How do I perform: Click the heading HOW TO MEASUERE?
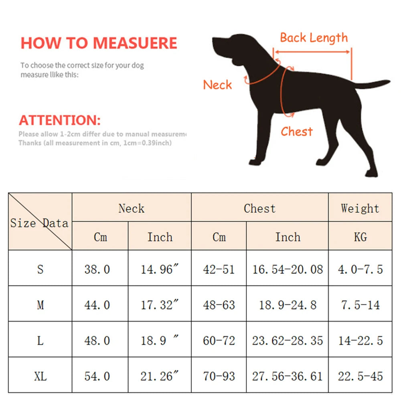pyautogui.click(x=99, y=43)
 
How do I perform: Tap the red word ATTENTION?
pyautogui.click(x=60, y=120)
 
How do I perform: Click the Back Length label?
pyautogui.click(x=314, y=38)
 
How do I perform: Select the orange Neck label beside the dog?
pyautogui.click(x=217, y=85)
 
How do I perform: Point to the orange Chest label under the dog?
pyautogui.click(x=296, y=132)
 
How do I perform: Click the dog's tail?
pyautogui.click(x=373, y=84)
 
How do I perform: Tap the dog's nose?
pyautogui.click(x=214, y=41)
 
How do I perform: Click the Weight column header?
pyautogui.click(x=360, y=208)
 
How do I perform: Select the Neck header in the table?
pyautogui.click(x=131, y=208)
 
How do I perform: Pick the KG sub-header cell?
pyautogui.click(x=360, y=237)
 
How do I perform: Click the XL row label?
pyautogui.click(x=40, y=376)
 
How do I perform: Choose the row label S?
pyautogui.click(x=40, y=269)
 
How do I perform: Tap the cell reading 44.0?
pyautogui.click(x=97, y=305)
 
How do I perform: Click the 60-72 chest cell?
pyautogui.click(x=219, y=340)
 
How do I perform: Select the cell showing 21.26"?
pyautogui.click(x=159, y=376)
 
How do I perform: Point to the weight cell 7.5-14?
pyautogui.click(x=360, y=305)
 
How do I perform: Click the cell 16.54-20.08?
pyautogui.click(x=287, y=269)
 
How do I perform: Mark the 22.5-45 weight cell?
pyautogui.click(x=360, y=376)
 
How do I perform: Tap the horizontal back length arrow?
pyautogui.click(x=313, y=52)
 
